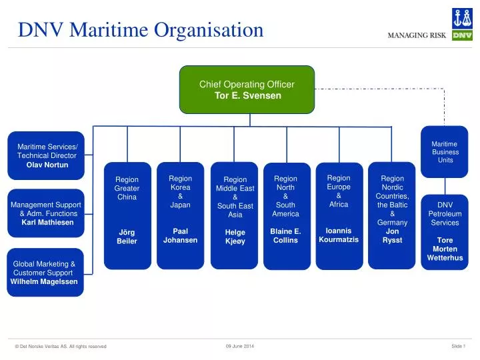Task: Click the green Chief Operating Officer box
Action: [247, 89]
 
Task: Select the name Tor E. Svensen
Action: [247, 95]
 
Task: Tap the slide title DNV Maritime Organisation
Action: [141, 30]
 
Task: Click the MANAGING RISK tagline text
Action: [417, 35]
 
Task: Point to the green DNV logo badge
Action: [462, 35]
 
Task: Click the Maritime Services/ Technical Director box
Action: [46, 155]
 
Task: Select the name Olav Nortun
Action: [47, 165]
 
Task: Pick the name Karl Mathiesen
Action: [47, 223]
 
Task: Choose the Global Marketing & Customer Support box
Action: [45, 272]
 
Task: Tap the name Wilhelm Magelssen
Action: [44, 281]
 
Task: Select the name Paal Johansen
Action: [180, 235]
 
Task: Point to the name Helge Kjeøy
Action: [235, 237]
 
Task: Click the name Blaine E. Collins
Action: [285, 235]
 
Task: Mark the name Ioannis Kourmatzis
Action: [339, 235]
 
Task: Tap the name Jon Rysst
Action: [392, 235]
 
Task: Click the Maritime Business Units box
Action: [445, 152]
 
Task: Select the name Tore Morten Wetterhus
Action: [445, 249]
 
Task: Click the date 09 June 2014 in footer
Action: [240, 345]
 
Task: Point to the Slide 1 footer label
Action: [457, 345]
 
